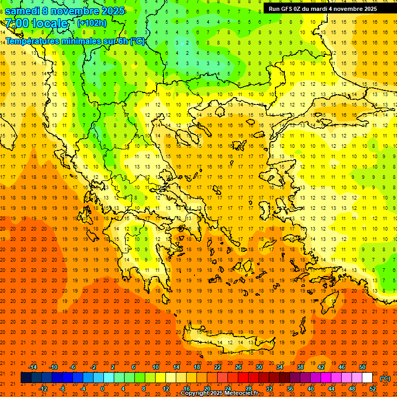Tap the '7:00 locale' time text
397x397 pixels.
coord(37,23)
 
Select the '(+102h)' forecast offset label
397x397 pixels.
coord(92,23)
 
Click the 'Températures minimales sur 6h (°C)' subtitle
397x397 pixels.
coord(75,41)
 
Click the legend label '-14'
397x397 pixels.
coord(33,367)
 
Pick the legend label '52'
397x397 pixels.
coord(373,389)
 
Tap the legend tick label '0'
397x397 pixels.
coord(102,389)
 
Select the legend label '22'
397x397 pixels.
coord(218,367)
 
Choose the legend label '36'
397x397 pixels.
coord(290,389)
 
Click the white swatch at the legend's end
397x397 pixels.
coord(367,378)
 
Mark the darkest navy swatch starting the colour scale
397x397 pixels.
coord(26,378)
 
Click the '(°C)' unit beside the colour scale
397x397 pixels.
coord(385,378)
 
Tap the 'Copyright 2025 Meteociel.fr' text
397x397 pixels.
coord(219,393)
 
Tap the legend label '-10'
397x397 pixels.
coord(53,367)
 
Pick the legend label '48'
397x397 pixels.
coord(352,389)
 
